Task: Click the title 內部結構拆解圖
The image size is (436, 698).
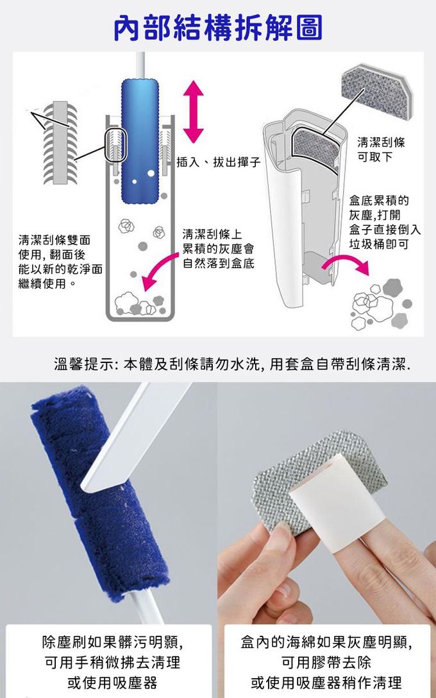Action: tap(218, 28)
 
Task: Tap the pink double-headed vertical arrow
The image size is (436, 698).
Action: tap(194, 113)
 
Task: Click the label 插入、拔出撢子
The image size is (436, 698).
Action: tap(219, 162)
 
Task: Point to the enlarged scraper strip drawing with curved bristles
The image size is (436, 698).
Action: tap(60, 143)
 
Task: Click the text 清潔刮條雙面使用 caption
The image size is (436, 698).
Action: tap(60, 261)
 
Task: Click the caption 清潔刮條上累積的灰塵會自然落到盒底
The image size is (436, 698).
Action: tap(219, 248)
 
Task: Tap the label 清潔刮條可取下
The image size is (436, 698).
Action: tap(381, 149)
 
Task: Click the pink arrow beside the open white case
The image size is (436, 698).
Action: tap(345, 264)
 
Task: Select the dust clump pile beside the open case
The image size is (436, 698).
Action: tap(382, 304)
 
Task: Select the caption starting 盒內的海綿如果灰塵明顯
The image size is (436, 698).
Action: tap(326, 662)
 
